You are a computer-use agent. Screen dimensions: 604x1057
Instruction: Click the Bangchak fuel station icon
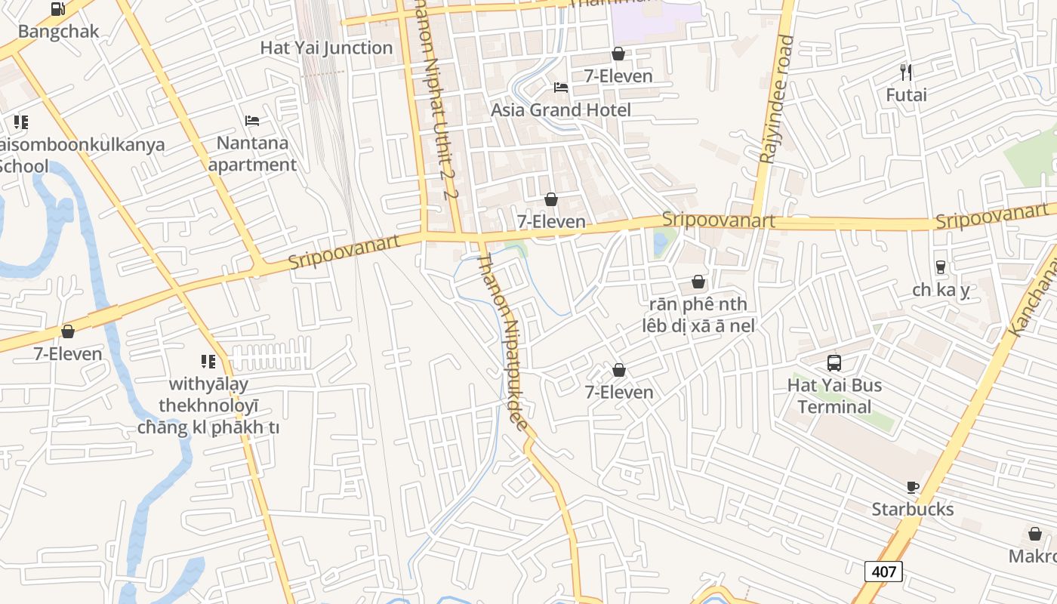(x=58, y=10)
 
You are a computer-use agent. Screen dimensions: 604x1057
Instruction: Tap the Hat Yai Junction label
(x=326, y=48)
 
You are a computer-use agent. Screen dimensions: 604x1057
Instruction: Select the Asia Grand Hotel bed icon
(x=560, y=88)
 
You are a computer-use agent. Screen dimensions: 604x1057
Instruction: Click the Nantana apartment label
(x=252, y=153)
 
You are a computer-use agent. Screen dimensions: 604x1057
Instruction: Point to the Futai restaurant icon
(x=906, y=72)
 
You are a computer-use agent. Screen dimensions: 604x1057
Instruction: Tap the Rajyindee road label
(x=778, y=98)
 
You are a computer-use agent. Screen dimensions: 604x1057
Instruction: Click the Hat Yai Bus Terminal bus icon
(x=834, y=363)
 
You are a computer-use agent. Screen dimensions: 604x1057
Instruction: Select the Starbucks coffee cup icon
(x=913, y=488)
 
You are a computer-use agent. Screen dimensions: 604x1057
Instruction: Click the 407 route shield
(x=883, y=572)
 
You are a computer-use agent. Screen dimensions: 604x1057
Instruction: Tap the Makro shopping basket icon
(x=1035, y=535)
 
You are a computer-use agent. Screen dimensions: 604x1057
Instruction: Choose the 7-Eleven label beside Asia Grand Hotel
(x=618, y=75)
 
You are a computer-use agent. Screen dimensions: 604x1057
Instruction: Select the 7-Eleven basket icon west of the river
(x=68, y=331)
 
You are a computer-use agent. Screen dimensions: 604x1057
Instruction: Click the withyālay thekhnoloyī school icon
(x=208, y=362)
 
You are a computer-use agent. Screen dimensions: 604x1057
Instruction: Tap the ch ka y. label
(x=940, y=290)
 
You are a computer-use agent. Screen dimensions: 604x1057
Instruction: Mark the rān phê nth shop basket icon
(x=698, y=282)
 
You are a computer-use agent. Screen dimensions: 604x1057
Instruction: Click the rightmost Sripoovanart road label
(x=991, y=218)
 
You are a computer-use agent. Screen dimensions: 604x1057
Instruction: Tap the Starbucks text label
(x=912, y=510)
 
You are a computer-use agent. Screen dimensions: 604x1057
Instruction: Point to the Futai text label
(x=906, y=95)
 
